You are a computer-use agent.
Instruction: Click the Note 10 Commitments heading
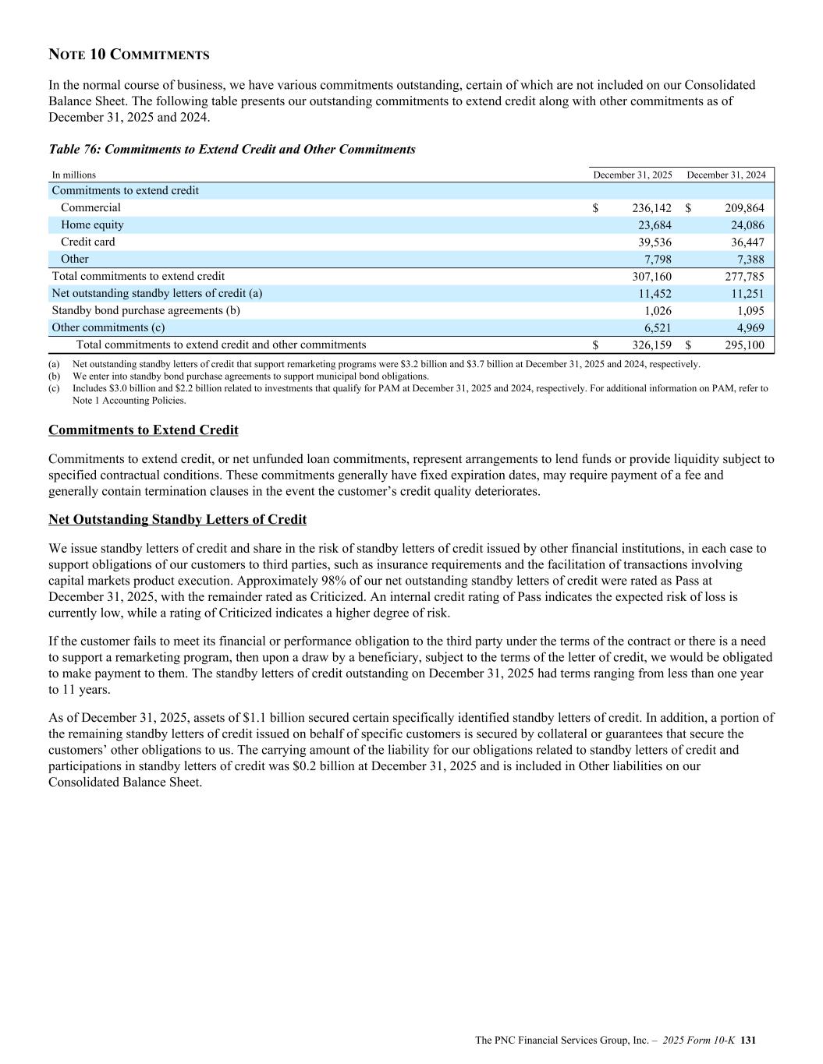click(129, 55)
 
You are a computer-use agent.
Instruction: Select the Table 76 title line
click(232, 149)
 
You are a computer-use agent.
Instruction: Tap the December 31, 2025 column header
click(633, 175)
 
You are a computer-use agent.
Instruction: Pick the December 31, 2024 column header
click(725, 175)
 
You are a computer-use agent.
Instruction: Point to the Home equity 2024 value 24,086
click(745, 225)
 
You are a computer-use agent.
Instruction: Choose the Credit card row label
click(87, 242)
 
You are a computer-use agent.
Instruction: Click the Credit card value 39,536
click(654, 242)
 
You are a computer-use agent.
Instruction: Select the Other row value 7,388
click(748, 260)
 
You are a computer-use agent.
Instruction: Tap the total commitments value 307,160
click(651, 277)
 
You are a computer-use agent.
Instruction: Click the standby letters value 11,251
click(745, 294)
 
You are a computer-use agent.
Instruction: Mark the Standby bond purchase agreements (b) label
click(146, 310)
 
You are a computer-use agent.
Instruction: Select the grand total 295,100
click(742, 345)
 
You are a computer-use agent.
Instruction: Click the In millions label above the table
click(73, 175)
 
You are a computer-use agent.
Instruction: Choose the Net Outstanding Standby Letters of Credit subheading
click(177, 520)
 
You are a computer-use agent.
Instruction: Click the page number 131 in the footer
click(749, 1041)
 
